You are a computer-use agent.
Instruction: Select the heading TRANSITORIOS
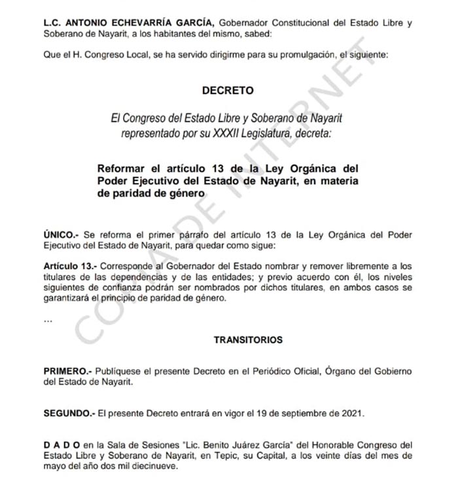pos(248,340)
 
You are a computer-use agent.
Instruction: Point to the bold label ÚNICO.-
pos(60,235)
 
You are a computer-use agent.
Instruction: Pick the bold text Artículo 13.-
pos(70,267)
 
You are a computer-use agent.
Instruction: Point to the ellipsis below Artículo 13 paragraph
pos(47,321)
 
